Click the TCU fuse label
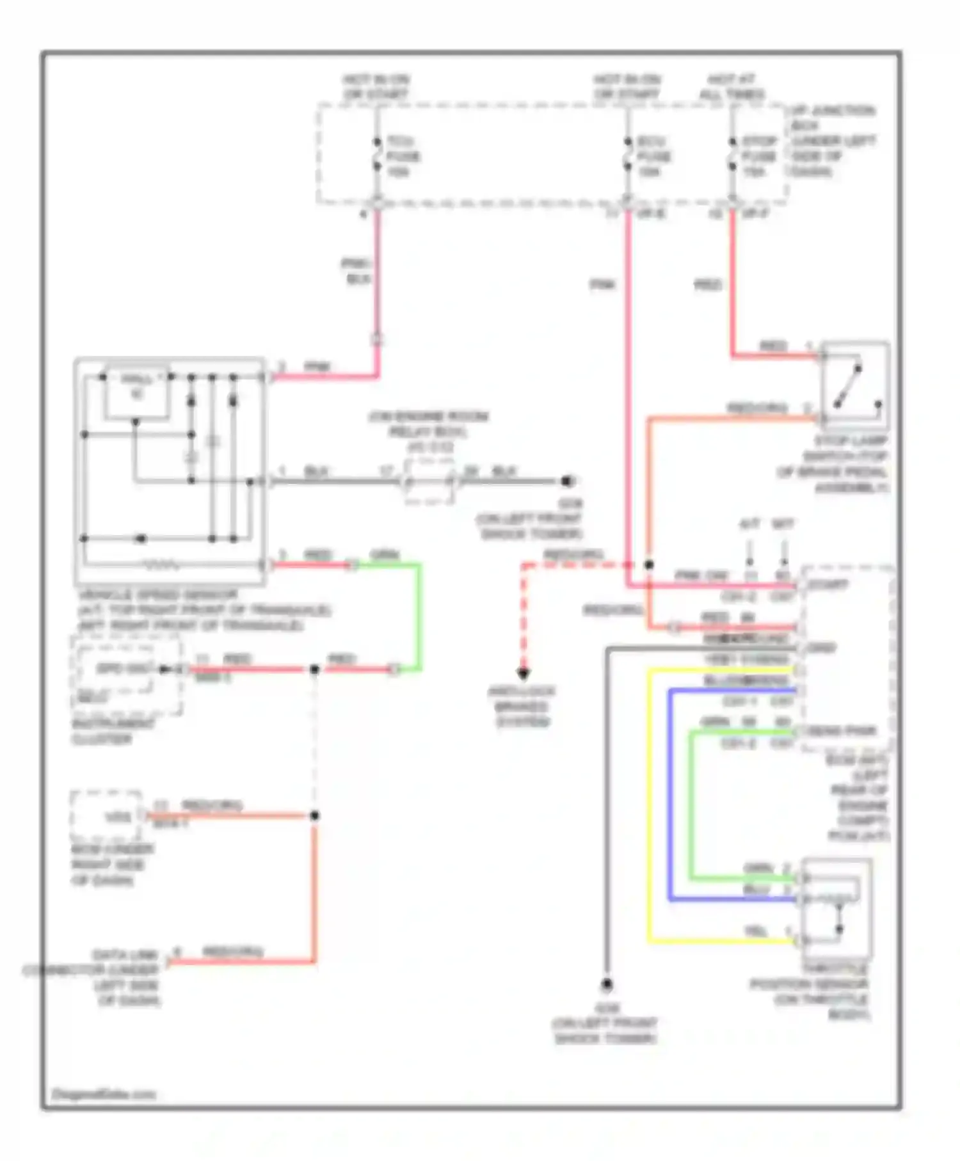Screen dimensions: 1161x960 pos(403,156)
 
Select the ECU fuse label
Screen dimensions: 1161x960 pos(653,156)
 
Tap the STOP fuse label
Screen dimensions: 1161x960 pos(759,156)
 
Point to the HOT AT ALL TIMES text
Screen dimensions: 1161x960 pos(731,87)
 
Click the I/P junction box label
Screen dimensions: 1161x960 pos(832,141)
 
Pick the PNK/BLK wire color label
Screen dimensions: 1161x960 pos(356,271)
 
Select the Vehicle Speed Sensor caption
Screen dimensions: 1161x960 pos(204,610)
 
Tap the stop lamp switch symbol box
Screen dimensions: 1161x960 pos(855,385)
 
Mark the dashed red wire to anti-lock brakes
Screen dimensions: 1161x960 pos(524,614)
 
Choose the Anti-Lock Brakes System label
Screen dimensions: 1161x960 pos(522,706)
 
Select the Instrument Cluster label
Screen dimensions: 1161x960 pos(112,731)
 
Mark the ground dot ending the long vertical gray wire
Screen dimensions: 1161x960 pos(606,984)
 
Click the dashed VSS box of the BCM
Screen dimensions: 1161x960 pos(106,816)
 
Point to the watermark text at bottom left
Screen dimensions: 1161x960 pos(103,1094)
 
